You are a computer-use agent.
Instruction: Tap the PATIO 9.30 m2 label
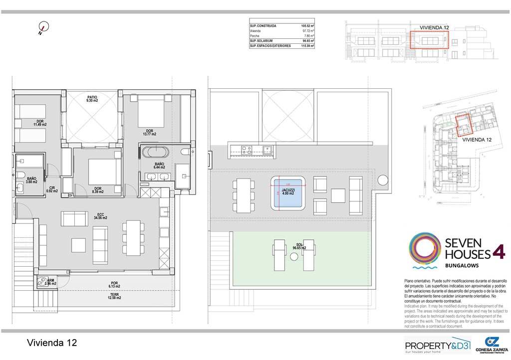(x=92, y=99)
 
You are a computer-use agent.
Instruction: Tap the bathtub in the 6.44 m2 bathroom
(x=155, y=152)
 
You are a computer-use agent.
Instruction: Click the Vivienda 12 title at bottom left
(x=52, y=343)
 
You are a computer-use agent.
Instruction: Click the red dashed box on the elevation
(x=429, y=39)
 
